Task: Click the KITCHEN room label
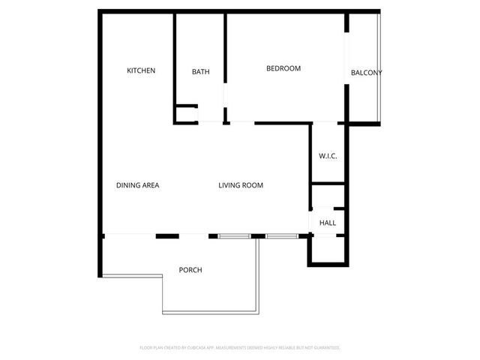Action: coord(141,70)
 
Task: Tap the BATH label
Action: coord(200,72)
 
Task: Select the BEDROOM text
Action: coord(283,68)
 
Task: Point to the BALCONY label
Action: coord(367,73)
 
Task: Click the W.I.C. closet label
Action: coord(328,156)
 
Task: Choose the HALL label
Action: coord(328,223)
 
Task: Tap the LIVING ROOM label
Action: coord(241,185)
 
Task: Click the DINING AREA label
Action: coord(138,185)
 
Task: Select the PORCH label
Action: coord(190,270)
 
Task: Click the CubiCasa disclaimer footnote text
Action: coord(240,348)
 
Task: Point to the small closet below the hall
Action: coord(327,249)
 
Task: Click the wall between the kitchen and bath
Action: coord(175,60)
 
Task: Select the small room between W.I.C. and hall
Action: coord(328,195)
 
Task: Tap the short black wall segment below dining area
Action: coord(167,236)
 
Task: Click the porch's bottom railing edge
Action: coord(210,313)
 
